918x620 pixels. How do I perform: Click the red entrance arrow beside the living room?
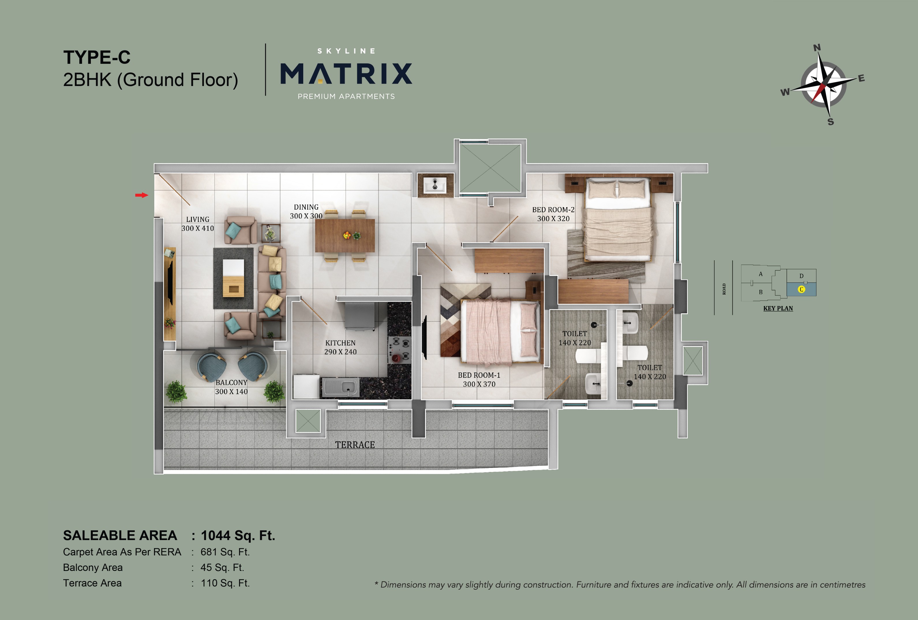[141, 195]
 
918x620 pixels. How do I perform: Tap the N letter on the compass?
[817, 48]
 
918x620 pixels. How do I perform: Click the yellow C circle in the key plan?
[801, 289]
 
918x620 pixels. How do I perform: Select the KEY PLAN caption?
[778, 308]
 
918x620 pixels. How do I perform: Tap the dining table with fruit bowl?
[345, 236]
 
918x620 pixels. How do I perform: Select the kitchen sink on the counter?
[341, 387]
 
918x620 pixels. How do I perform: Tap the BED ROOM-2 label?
[553, 214]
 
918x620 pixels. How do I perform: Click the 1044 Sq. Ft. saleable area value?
[238, 535]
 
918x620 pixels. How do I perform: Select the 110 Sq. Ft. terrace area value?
[225, 583]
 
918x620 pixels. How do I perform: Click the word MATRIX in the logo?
[346, 74]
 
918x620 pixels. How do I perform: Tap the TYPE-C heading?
[97, 58]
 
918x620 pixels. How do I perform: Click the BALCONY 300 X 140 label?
[231, 387]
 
